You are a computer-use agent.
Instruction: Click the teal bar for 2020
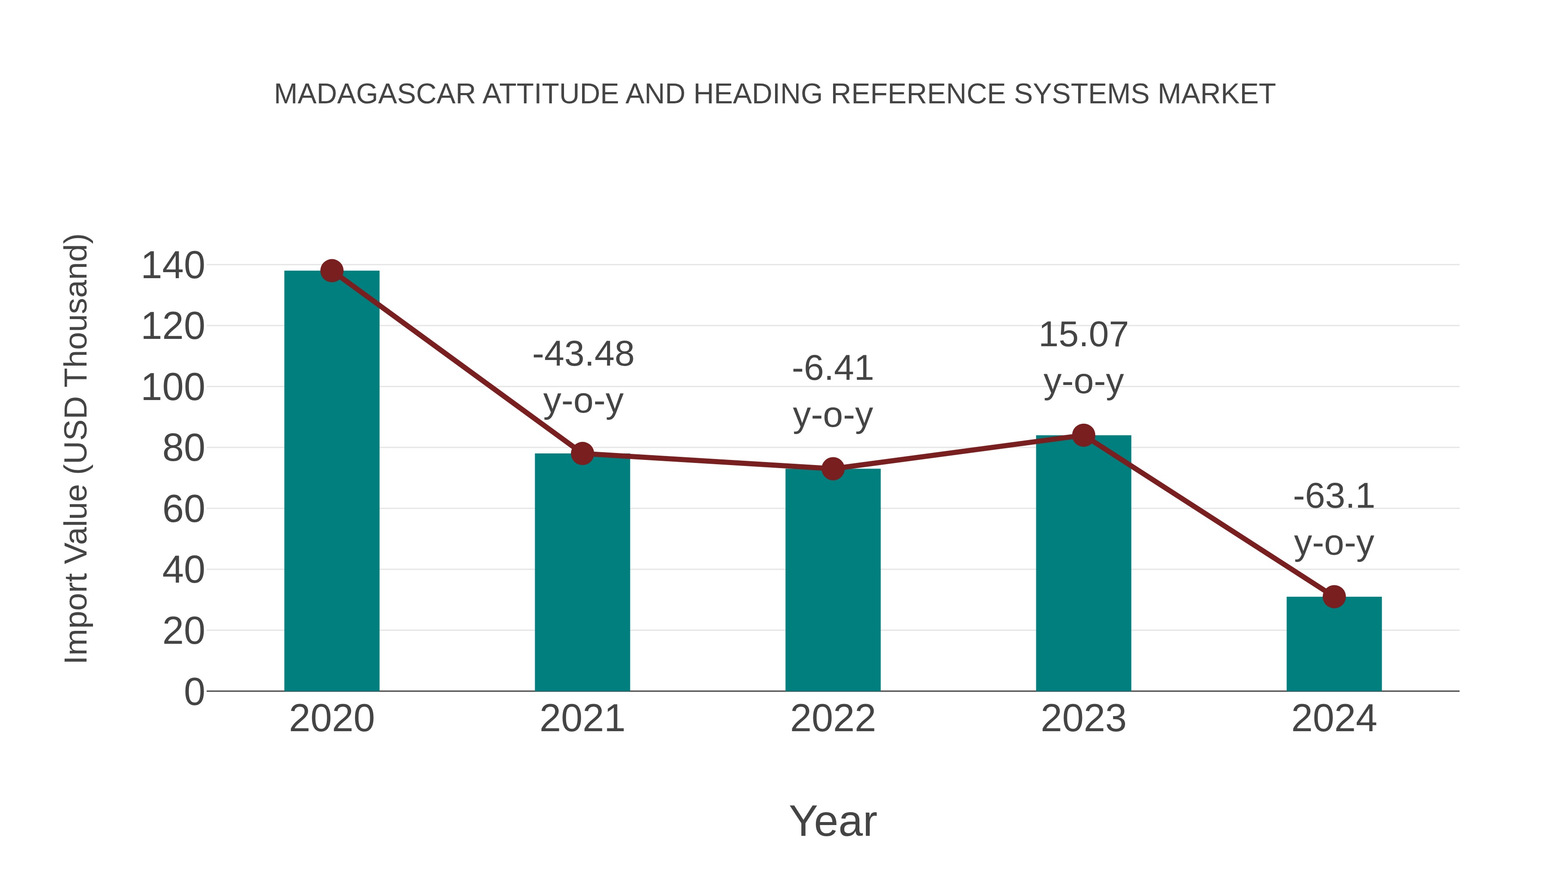click(332, 481)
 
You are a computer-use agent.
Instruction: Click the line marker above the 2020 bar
click(332, 271)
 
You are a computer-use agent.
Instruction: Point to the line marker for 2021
click(583, 454)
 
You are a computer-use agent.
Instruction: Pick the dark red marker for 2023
click(1083, 435)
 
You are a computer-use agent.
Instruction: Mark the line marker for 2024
click(1334, 597)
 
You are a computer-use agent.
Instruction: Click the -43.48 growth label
click(583, 354)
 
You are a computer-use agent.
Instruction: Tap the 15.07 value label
click(1083, 335)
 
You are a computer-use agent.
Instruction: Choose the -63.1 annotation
click(1334, 497)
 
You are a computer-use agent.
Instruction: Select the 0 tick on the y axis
click(194, 692)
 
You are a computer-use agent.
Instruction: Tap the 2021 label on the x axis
click(583, 719)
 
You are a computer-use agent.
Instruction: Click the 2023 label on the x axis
click(1083, 719)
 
